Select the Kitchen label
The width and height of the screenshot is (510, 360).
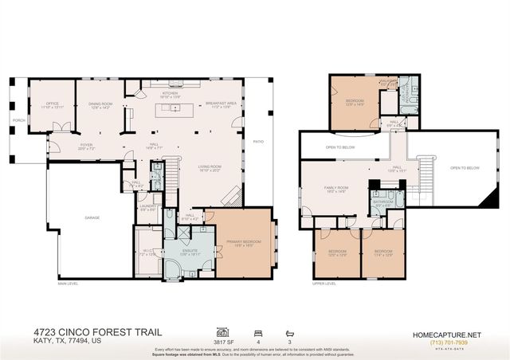pos(171,93)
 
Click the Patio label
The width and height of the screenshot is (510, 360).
pos(258,142)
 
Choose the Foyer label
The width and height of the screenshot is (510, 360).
pos(85,145)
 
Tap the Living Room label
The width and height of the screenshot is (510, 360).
pos(210,166)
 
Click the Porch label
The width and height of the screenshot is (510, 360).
pos(18,122)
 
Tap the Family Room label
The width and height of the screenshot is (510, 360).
pos(335,188)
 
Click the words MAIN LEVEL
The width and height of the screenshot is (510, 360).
pos(69,284)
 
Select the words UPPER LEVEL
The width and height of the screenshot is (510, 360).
pos(324,284)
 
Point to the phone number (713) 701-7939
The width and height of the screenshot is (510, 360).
pos(447,342)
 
